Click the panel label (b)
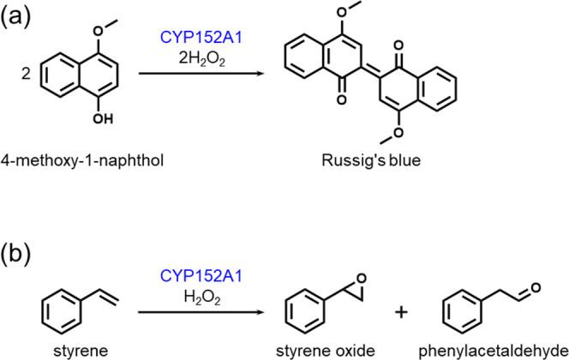point(15,255)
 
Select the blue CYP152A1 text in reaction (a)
point(201,38)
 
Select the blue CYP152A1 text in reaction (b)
point(201,277)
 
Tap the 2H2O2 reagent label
point(201,58)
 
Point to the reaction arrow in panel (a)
point(201,74)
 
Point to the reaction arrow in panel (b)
point(201,312)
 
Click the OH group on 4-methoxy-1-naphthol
point(103,118)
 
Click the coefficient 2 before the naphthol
point(26,75)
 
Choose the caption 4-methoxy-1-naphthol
point(82,160)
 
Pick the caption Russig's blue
point(371,160)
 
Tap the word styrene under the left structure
point(81,351)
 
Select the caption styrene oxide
point(325,351)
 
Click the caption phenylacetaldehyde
point(493,351)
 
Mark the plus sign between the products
point(401,313)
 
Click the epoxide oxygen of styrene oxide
point(361,279)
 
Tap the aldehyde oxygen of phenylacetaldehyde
point(536,289)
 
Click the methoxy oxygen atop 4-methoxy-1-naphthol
point(99,31)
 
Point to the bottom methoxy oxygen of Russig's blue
point(398,133)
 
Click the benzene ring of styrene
point(61,311)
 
